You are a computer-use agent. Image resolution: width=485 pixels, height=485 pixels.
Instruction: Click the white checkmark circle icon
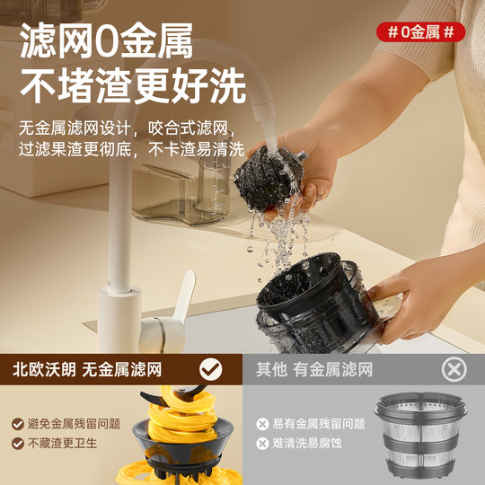(211, 368)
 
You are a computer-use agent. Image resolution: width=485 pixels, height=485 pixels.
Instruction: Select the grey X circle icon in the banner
(455, 368)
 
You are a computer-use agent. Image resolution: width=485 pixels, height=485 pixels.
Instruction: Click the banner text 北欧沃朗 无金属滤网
(99, 369)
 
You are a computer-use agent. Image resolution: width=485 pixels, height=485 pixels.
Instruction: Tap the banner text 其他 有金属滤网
(313, 369)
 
